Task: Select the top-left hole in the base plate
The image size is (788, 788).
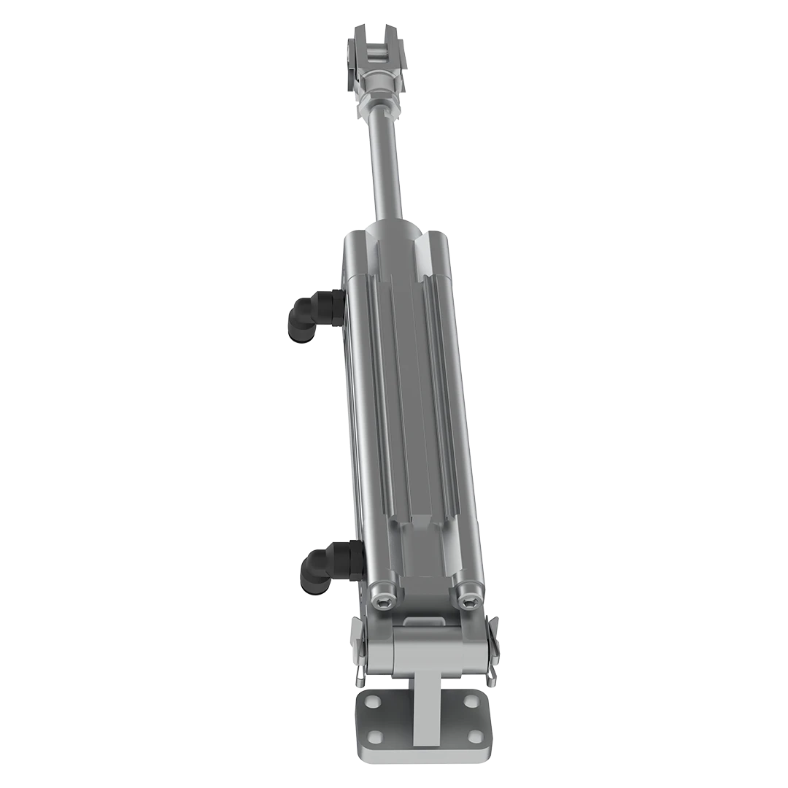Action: (x=373, y=701)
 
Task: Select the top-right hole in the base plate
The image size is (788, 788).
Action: (x=471, y=701)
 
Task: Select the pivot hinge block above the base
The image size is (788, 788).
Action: (x=426, y=649)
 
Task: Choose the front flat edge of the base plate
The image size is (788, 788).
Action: (x=423, y=754)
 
